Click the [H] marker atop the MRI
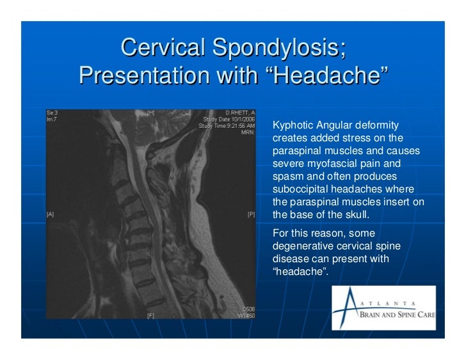pyautogui.click(x=151, y=113)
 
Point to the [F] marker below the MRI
pyautogui.click(x=151, y=315)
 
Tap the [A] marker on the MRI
pyautogui.click(x=50, y=214)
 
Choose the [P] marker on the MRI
pyautogui.click(x=251, y=214)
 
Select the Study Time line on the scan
pyautogui.click(x=227, y=125)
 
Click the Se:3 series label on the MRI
pyautogui.click(x=52, y=113)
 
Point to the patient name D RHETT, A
pyautogui.click(x=240, y=113)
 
